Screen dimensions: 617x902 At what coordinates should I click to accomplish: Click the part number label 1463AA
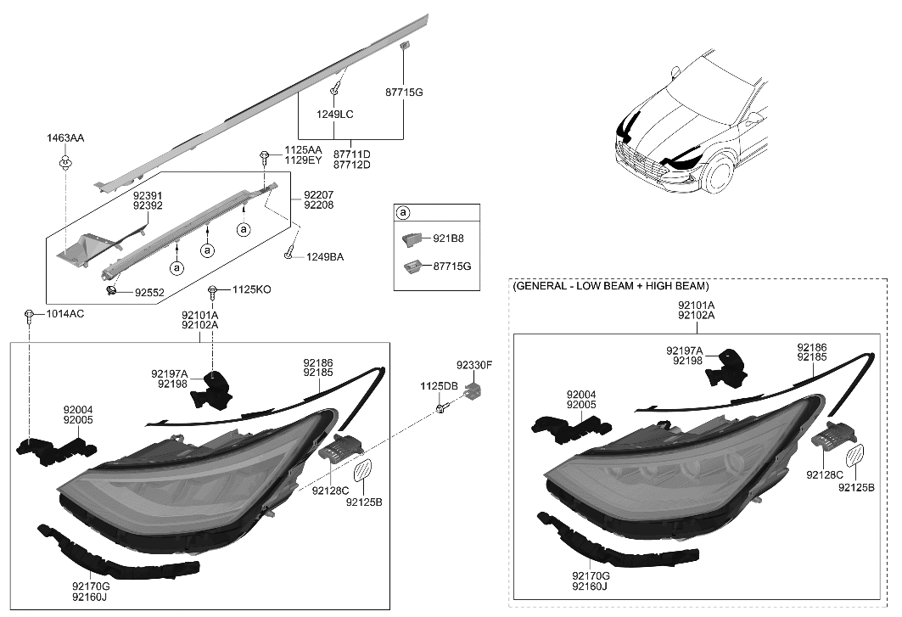pyautogui.click(x=65, y=137)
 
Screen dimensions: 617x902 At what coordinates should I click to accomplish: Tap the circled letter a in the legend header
pyautogui.click(x=403, y=212)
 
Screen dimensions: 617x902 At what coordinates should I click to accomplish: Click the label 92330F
pyautogui.click(x=473, y=365)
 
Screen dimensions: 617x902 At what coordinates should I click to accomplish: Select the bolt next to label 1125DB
pyautogui.click(x=442, y=409)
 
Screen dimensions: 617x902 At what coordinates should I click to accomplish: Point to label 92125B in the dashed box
pyautogui.click(x=857, y=487)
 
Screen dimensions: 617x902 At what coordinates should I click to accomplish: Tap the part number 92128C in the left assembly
pyautogui.click(x=330, y=490)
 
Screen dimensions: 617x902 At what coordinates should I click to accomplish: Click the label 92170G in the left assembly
pyautogui.click(x=91, y=585)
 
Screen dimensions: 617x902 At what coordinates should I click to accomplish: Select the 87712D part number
pyautogui.click(x=352, y=165)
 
